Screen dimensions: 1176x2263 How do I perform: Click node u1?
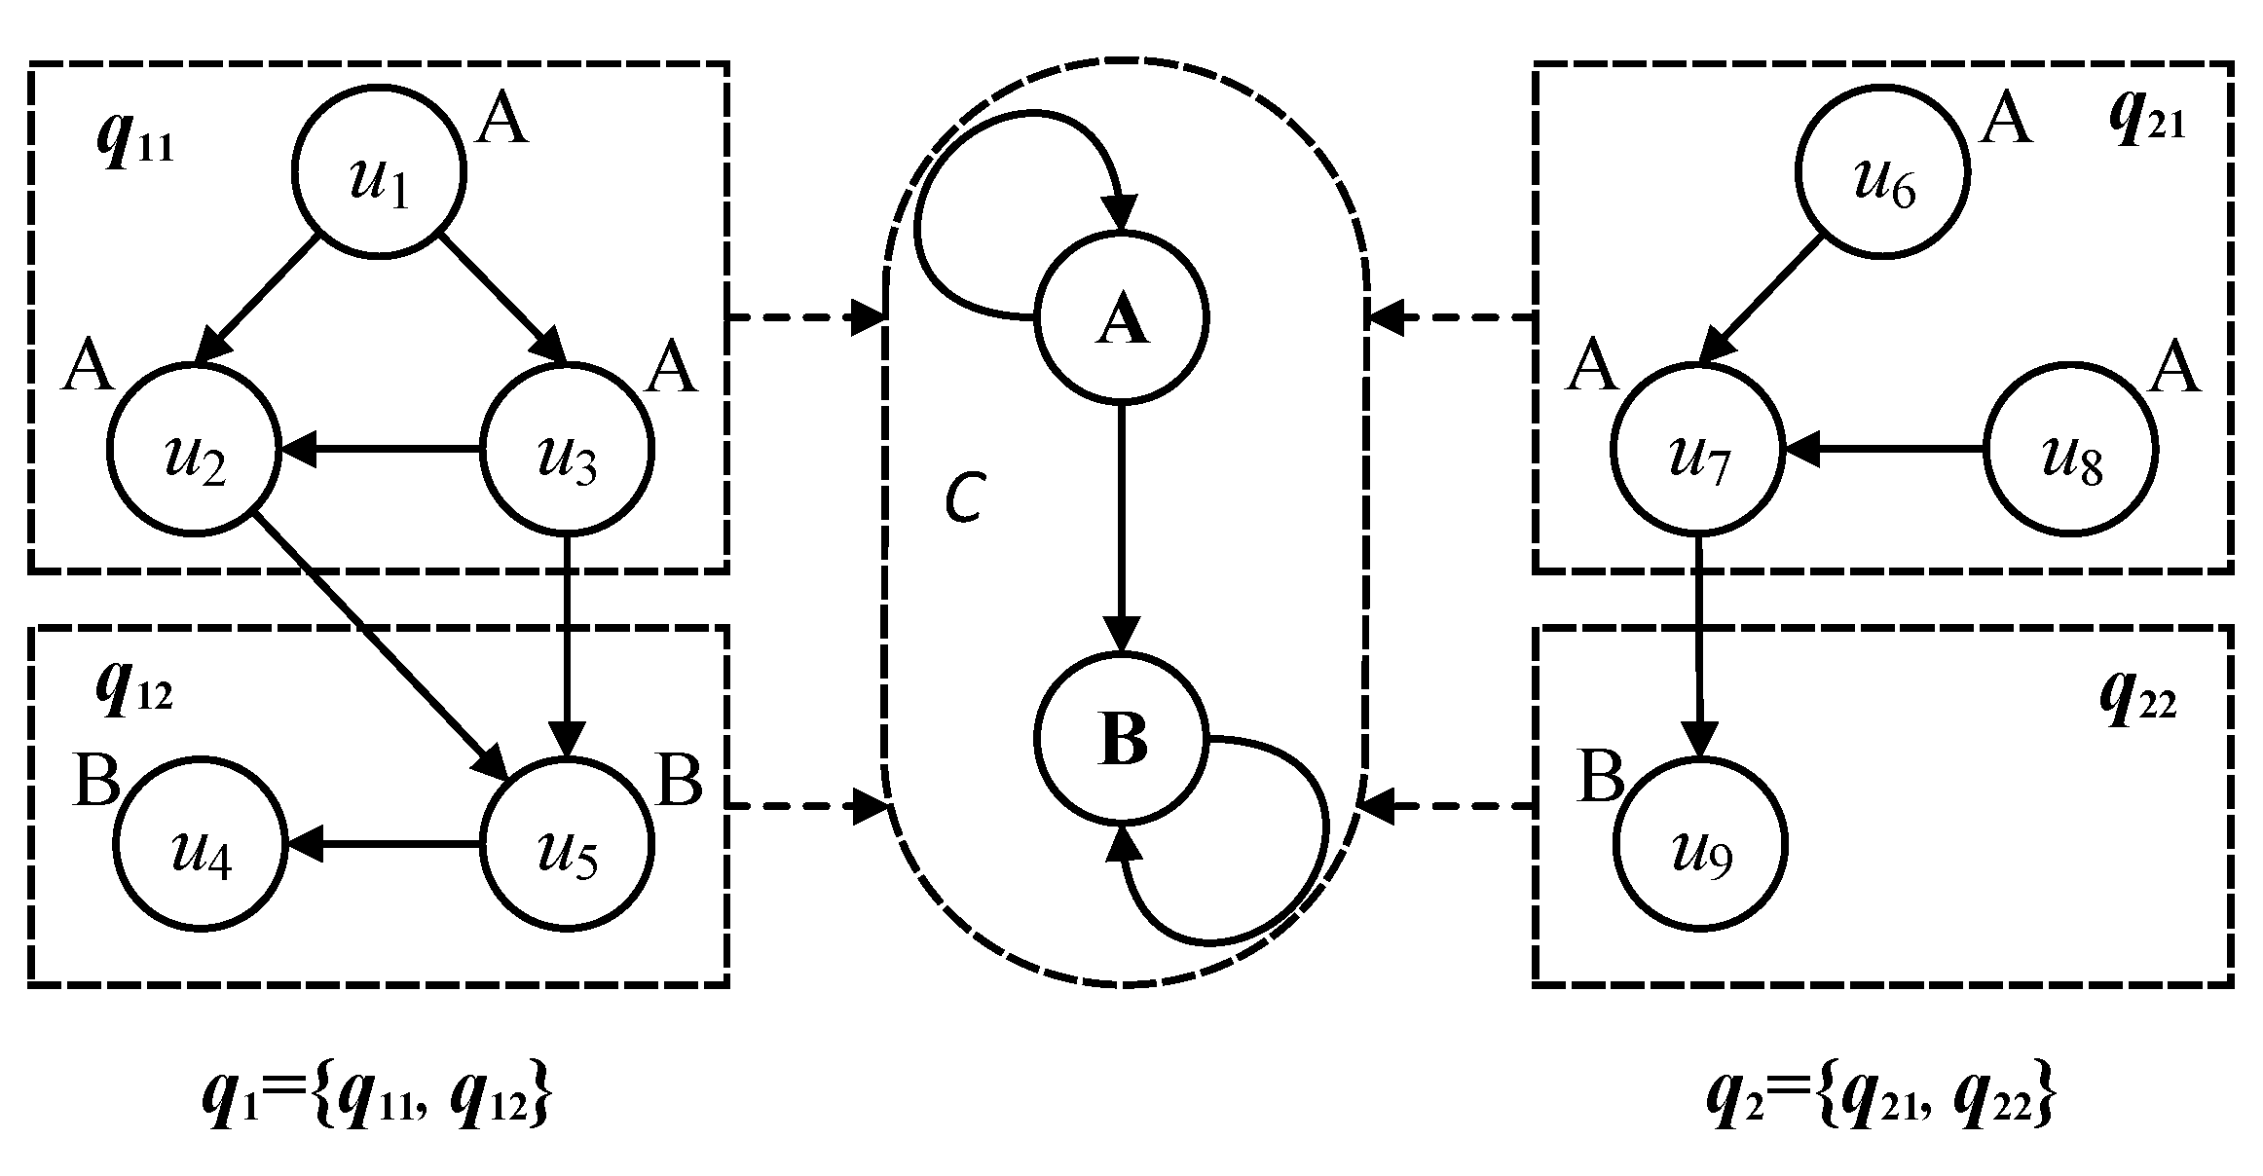(x=380, y=171)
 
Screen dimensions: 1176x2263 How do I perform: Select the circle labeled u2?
(x=195, y=450)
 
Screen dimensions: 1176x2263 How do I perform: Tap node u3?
(x=568, y=450)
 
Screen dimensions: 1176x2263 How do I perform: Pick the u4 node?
(x=201, y=845)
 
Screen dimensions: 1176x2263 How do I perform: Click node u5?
(x=568, y=845)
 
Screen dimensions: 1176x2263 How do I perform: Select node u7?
(x=1697, y=450)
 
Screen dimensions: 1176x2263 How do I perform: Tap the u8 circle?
(x=2071, y=450)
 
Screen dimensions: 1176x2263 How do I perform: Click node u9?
(x=1700, y=845)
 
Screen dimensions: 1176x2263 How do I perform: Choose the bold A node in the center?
(x=1122, y=317)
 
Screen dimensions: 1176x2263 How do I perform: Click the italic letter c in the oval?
(x=966, y=498)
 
